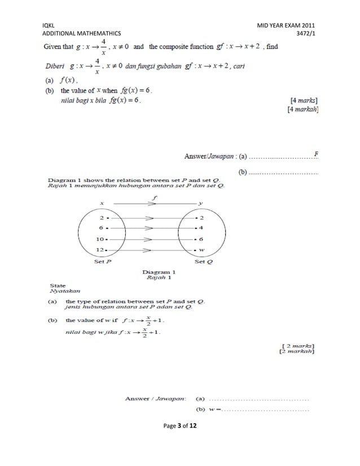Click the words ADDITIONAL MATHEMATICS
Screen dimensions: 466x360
point(82,34)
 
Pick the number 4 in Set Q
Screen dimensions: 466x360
point(201,228)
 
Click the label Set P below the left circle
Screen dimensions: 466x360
point(102,262)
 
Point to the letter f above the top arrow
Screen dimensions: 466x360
point(153,197)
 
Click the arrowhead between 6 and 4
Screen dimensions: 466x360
point(150,228)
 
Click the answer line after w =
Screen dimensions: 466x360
point(266,410)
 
